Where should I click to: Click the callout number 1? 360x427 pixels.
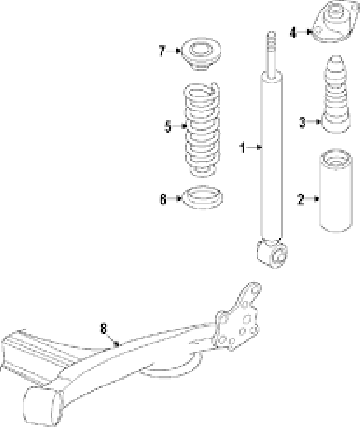243,148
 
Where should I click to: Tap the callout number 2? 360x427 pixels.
301,199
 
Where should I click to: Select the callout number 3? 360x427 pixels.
302,122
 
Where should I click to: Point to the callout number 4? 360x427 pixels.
293,33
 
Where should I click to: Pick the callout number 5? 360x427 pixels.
168,127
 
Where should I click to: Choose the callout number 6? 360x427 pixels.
163,199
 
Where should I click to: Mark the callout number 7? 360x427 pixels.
162,51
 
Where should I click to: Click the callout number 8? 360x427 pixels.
104,328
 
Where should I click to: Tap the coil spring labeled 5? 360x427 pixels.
202,130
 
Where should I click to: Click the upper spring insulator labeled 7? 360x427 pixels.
201,54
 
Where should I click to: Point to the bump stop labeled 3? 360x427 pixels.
336,95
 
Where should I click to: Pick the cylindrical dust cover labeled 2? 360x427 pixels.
337,191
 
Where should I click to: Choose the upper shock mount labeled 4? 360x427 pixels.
335,22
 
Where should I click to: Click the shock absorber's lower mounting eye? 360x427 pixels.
273,254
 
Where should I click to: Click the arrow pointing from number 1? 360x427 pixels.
255,147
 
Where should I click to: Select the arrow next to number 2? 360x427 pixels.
312,199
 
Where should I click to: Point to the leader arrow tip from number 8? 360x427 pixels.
117,344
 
